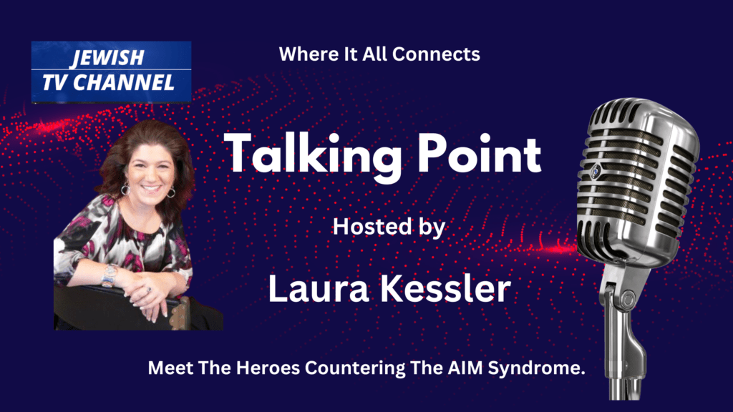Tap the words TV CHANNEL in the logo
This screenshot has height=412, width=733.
(x=108, y=82)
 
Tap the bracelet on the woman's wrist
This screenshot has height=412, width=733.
(x=110, y=275)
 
